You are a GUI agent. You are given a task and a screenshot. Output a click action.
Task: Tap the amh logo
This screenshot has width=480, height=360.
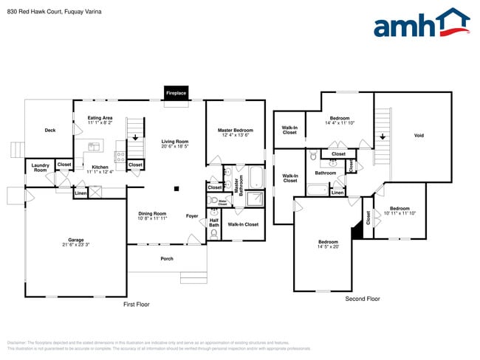(x=422, y=24)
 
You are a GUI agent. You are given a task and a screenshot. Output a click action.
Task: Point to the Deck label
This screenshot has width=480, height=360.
(x=50, y=131)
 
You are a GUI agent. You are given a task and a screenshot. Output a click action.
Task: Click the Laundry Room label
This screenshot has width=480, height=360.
(x=40, y=167)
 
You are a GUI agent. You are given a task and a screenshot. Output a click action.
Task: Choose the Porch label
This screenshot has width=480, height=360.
(x=167, y=259)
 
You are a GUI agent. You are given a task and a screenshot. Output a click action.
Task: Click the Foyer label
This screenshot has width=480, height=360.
(x=192, y=216)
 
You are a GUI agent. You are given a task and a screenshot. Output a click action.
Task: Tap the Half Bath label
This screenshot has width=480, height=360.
(x=214, y=222)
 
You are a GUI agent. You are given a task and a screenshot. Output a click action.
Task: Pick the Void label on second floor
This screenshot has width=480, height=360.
(x=419, y=136)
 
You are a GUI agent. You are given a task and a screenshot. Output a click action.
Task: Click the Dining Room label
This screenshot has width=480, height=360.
(x=153, y=215)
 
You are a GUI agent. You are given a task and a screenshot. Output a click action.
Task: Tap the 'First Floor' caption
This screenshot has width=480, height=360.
(x=136, y=304)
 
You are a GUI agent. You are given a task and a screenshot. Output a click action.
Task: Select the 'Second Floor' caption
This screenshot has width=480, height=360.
(x=363, y=299)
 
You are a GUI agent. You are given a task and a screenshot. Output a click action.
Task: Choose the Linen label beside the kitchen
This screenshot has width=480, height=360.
(x=80, y=194)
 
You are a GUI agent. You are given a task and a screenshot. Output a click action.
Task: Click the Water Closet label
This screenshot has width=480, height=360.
(x=222, y=201)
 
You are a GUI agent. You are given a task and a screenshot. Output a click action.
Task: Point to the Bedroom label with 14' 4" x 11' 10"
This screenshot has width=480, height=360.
(x=340, y=120)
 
